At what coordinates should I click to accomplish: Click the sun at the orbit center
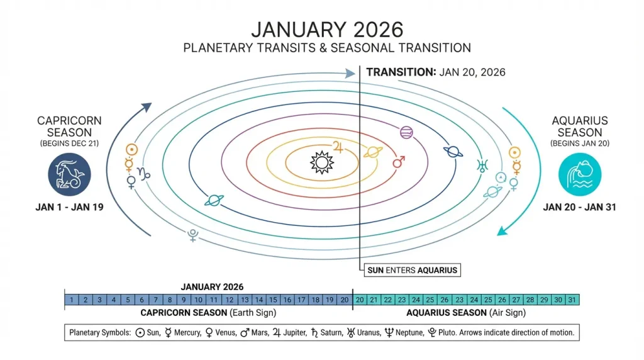pyautogui.click(x=321, y=162)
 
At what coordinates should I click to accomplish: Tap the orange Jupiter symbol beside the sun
pyautogui.click(x=340, y=146)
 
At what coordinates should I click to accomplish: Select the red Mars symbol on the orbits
pyautogui.click(x=398, y=163)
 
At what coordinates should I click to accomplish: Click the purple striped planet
pyautogui.click(x=406, y=132)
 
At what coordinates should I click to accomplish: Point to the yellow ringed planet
pyautogui.click(x=372, y=152)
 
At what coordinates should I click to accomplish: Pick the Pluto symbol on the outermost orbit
pyautogui.click(x=193, y=235)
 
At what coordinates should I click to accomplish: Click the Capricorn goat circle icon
pyautogui.click(x=69, y=174)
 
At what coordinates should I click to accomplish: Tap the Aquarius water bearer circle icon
pyautogui.click(x=580, y=174)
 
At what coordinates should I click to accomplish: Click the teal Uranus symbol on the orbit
pyautogui.click(x=482, y=166)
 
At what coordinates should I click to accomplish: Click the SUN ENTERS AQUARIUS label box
pyautogui.click(x=411, y=271)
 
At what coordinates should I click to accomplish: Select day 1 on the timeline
pyautogui.click(x=72, y=300)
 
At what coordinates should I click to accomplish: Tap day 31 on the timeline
pyautogui.click(x=572, y=300)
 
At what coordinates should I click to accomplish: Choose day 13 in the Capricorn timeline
pyautogui.click(x=245, y=300)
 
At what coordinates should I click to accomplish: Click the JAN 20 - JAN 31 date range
pyautogui.click(x=579, y=206)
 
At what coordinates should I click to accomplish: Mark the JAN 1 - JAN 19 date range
pyautogui.click(x=69, y=206)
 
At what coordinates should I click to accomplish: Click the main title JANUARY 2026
pyautogui.click(x=326, y=30)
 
